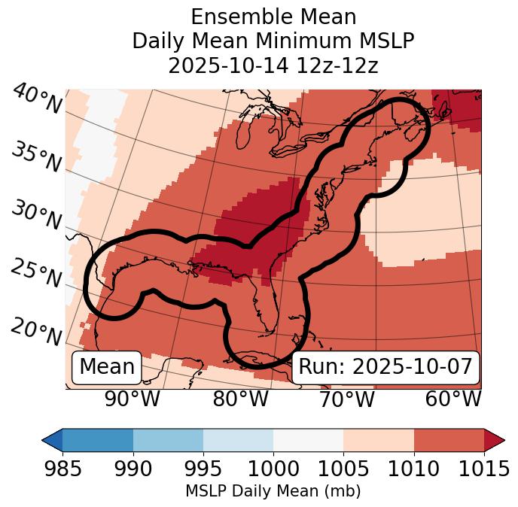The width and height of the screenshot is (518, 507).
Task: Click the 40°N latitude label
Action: coord(36,100)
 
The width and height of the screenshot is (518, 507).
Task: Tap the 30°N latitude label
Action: coord(36,215)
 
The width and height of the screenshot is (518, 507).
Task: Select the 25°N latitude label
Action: coord(36,272)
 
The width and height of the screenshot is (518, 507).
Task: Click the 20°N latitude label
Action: coord(36,331)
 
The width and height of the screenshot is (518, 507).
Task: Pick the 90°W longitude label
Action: coord(133,399)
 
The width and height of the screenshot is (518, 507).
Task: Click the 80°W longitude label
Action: coord(240,399)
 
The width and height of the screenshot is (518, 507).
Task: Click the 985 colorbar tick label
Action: coord(62,469)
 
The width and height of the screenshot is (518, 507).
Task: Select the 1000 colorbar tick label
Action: coord(273,469)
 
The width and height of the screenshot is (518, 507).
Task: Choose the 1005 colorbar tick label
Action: coord(343,469)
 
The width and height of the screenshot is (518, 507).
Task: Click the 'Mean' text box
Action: coord(107,367)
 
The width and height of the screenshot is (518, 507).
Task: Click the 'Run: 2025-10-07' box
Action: coord(385,367)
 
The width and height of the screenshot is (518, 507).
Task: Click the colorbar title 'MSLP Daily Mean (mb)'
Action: coord(273,492)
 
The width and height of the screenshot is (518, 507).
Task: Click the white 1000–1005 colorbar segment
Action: coord(308,440)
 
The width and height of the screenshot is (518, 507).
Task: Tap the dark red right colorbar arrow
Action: coord(494,440)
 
